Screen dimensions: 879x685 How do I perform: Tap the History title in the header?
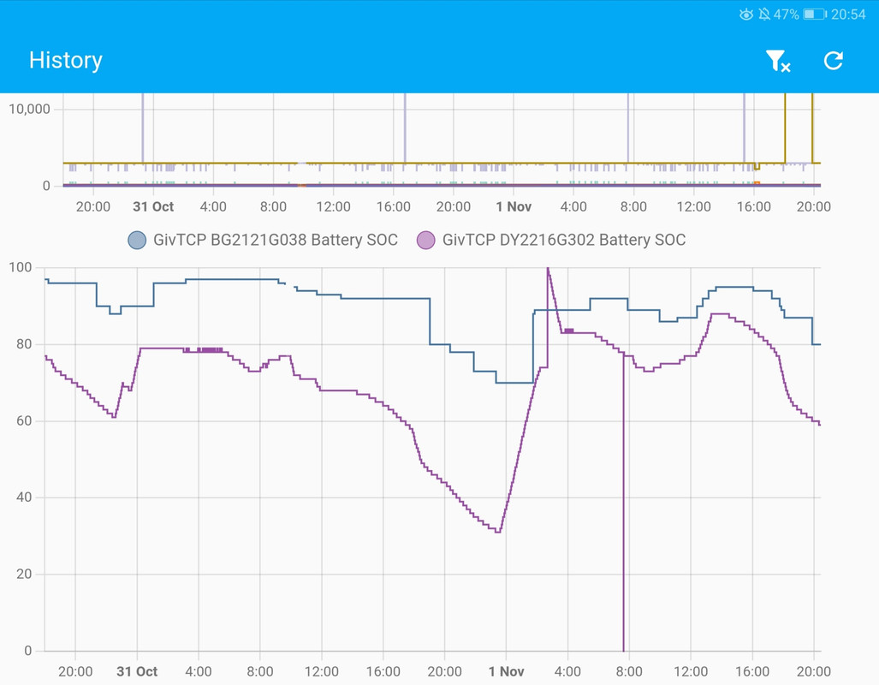66,60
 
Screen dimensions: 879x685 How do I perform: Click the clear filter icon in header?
777,61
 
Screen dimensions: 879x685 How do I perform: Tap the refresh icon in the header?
833,61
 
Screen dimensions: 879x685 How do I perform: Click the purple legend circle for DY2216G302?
425,240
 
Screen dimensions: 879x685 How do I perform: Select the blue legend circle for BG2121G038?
137,240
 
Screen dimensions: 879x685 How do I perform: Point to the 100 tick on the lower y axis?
21,267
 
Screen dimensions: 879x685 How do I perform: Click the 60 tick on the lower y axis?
24,420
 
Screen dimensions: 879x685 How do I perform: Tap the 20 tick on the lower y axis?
24,574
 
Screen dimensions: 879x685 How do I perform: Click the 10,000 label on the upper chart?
29,109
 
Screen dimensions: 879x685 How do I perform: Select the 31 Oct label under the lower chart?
137,671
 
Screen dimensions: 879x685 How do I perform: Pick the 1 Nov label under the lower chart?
506,671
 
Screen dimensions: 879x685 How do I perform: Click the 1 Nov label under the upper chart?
514,206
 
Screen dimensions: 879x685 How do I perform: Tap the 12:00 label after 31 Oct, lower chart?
322,671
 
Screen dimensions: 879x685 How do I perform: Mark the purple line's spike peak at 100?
548,268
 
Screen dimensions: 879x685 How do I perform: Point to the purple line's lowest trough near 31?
498,531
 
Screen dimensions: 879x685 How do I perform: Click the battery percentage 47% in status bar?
786,15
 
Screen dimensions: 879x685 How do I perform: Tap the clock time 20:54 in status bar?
848,15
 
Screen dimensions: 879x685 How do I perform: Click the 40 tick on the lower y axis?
24,497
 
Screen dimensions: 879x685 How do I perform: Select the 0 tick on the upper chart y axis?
46,186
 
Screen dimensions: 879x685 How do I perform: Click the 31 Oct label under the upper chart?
153,206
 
